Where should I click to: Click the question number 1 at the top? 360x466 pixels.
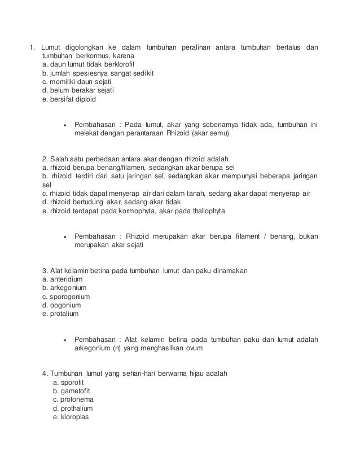click(32, 46)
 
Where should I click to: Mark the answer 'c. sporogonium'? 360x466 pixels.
click(66, 297)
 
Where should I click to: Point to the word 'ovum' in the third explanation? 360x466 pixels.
click(194, 349)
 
